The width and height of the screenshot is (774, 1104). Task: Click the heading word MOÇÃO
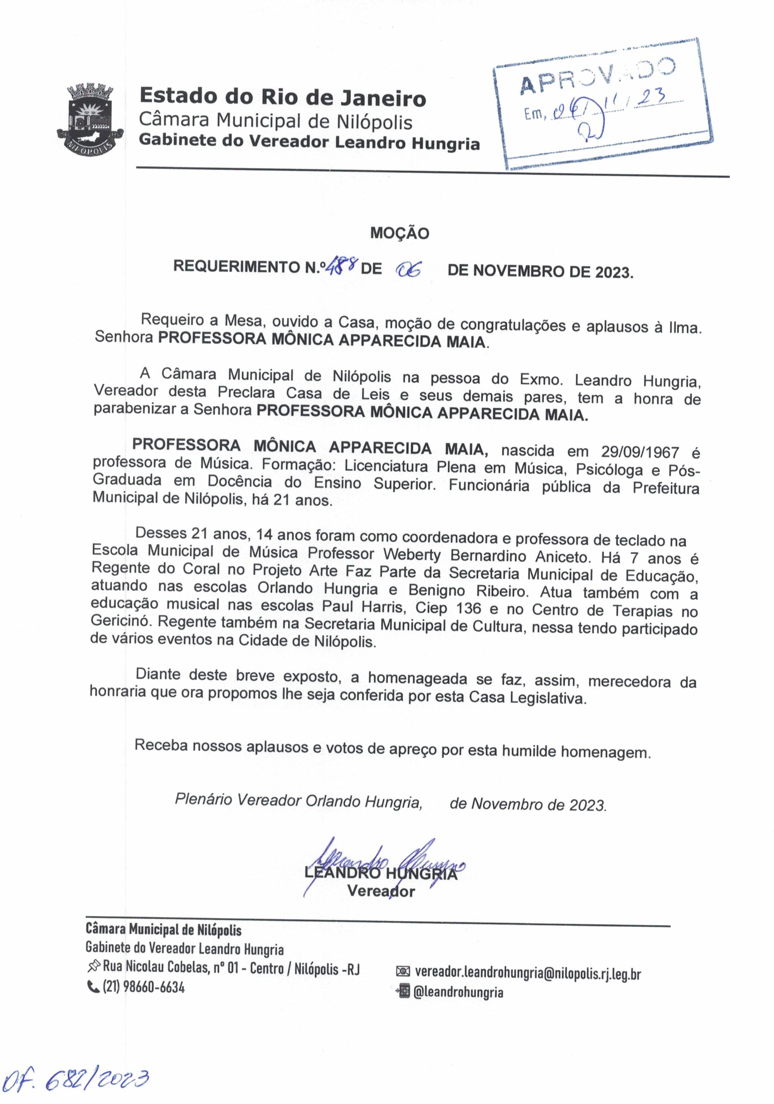pyautogui.click(x=399, y=233)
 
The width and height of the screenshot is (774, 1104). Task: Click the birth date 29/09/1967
pyautogui.click(x=639, y=452)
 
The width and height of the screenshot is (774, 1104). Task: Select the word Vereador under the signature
pyautogui.click(x=381, y=891)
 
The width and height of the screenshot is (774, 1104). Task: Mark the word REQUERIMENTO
pyautogui.click(x=238, y=267)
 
